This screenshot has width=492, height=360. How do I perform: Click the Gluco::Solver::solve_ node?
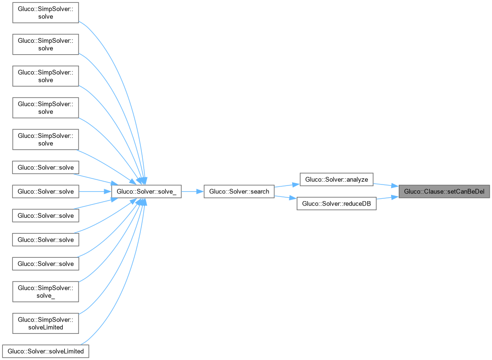point(146,192)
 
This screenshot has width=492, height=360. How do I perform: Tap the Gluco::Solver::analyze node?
point(336,179)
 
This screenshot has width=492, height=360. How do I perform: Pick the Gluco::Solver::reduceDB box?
point(336,204)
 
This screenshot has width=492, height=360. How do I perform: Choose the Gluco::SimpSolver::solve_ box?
point(45,291)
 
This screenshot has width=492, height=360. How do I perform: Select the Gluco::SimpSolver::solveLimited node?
point(45,323)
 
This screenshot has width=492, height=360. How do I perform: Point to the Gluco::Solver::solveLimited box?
point(45,351)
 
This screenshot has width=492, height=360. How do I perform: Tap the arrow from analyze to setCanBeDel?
point(385,185)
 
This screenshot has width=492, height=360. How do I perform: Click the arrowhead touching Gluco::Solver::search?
point(200,192)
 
